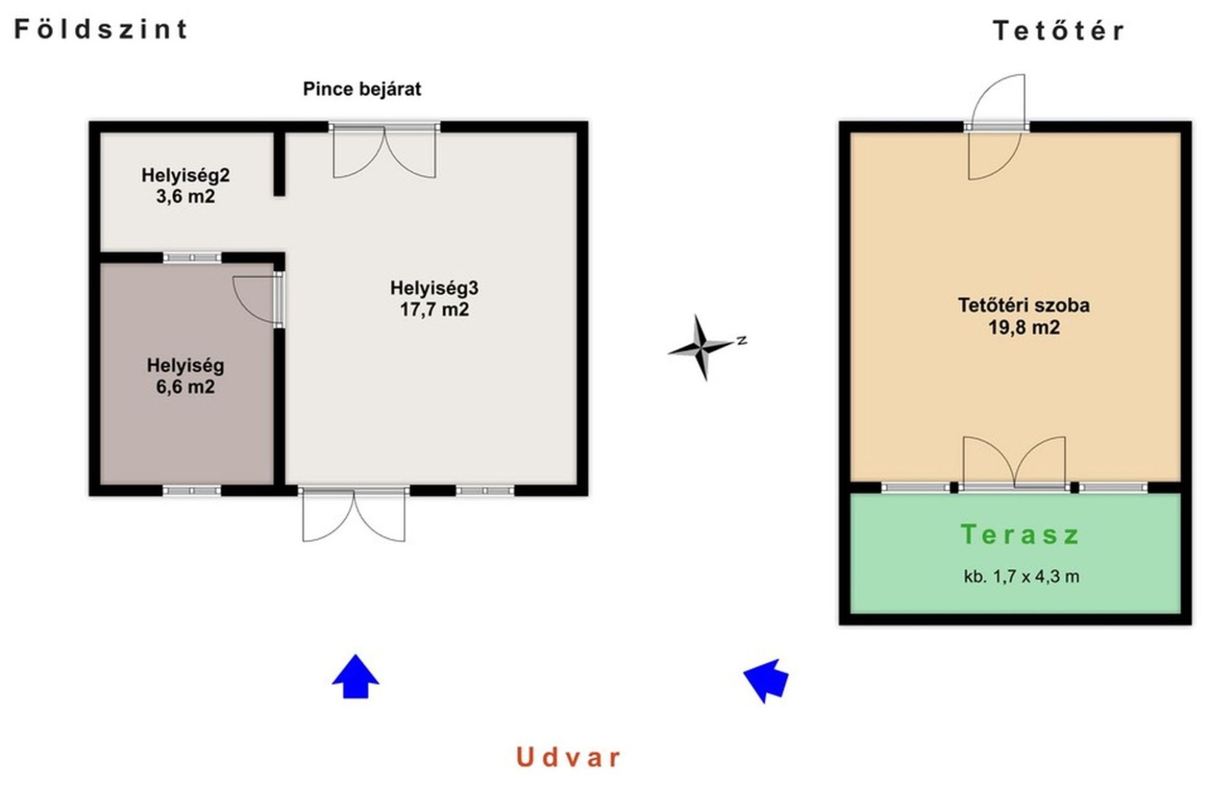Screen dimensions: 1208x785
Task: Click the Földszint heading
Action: coord(101,29)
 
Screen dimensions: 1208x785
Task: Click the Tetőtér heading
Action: coord(1058,31)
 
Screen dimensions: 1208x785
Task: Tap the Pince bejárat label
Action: coord(362,89)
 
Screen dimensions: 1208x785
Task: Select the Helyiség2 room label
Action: coord(185,175)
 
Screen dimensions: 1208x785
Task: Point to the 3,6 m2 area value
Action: coord(185,196)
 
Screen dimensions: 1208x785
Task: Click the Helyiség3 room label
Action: coord(434,288)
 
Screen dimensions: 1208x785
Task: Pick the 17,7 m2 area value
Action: coord(434,309)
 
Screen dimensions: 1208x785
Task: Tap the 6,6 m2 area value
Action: coord(185,386)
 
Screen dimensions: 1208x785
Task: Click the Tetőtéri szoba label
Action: coord(1024,305)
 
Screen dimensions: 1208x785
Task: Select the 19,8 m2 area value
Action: coord(1024,327)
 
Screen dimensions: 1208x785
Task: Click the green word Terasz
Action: coord(1019,534)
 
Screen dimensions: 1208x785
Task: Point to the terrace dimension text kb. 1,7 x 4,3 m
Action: coord(1021,576)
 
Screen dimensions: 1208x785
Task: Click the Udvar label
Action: coord(568,757)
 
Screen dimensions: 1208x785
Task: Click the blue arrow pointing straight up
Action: coord(355,676)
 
